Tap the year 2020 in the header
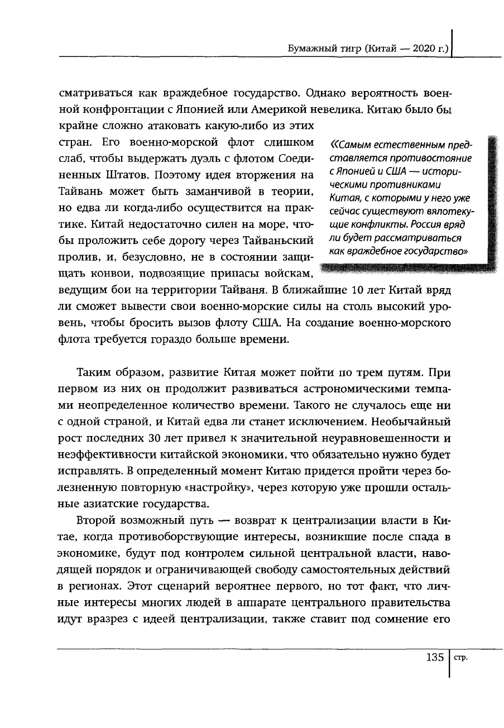tap(425, 49)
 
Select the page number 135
tap(434, 657)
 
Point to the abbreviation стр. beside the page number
tap(460, 658)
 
